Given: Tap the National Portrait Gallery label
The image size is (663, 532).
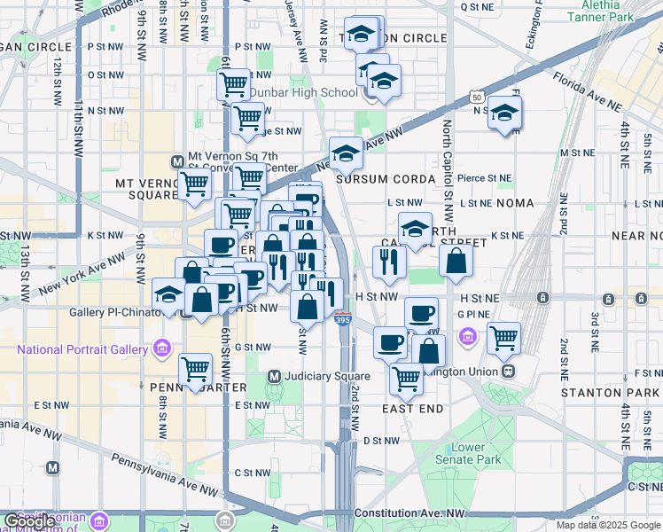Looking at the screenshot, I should coord(82,348).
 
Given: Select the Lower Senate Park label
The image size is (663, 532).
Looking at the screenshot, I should coord(475,453).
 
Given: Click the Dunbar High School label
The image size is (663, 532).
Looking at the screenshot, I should coord(302,92).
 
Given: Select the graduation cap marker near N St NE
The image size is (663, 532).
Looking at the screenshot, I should coord(505,113).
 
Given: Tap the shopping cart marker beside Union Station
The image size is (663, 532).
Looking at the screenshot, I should coord(503,337).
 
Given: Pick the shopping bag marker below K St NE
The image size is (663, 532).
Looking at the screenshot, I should coord(456,261).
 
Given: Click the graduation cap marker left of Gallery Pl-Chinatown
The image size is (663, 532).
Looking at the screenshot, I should coord(168,294).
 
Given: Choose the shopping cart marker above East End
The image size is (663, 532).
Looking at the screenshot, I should coord(407,377).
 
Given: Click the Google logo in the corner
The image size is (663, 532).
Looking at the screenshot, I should coord(28,521).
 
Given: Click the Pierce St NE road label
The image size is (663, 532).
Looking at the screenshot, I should coord(485,178).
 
